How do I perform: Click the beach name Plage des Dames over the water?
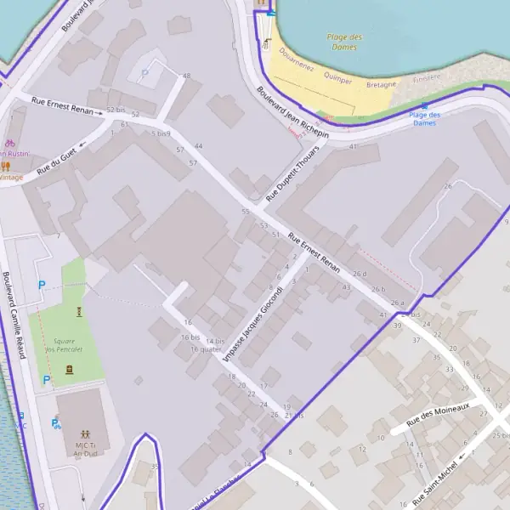[x=344, y=42]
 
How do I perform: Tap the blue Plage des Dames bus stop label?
[x=424, y=118]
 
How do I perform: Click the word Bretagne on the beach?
[x=382, y=85]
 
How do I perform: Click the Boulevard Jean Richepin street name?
[x=292, y=113]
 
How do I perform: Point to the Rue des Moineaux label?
[x=438, y=415]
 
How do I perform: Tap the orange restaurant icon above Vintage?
[x=5, y=166]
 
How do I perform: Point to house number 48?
[x=186, y=76]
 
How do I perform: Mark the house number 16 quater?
[x=206, y=348]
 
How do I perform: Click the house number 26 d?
[x=360, y=274]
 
